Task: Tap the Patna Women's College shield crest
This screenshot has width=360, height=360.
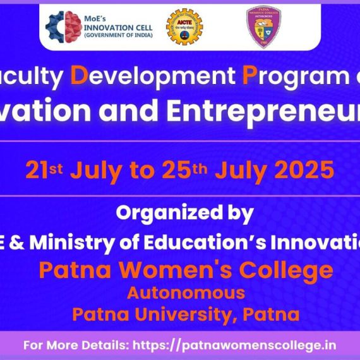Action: [263, 27]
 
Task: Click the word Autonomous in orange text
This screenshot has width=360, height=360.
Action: [186, 292]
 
